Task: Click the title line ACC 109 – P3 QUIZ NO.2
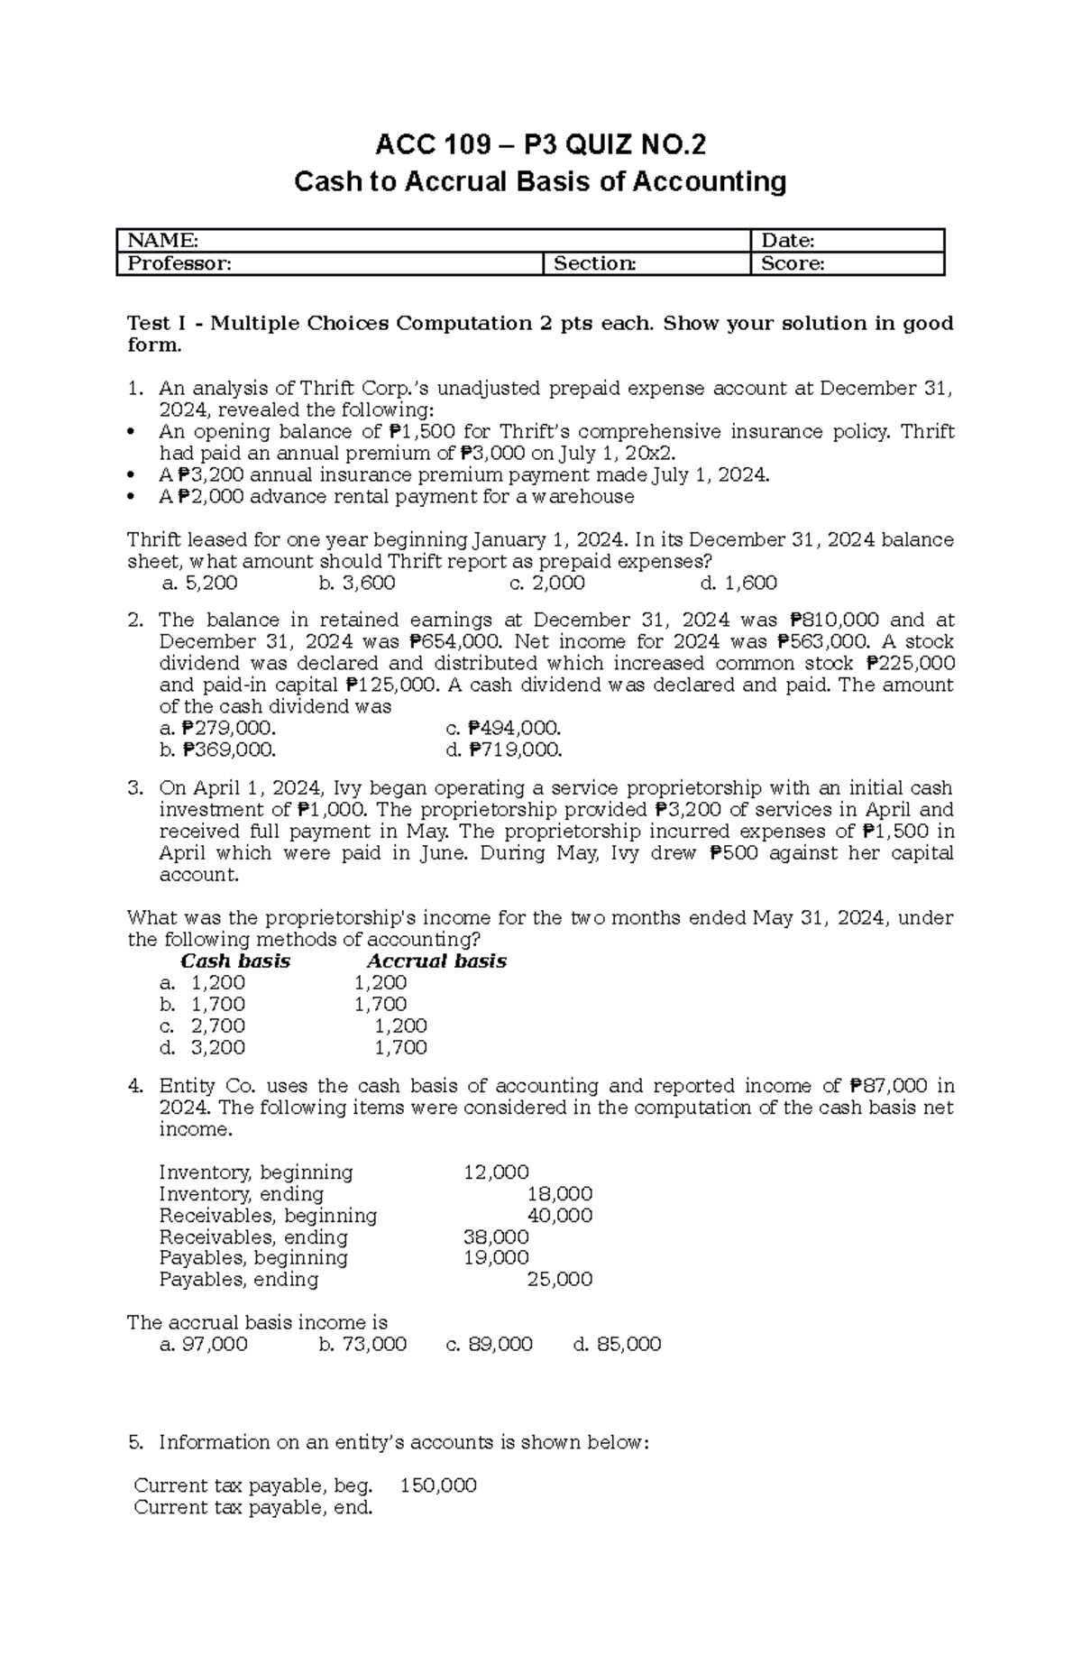540,144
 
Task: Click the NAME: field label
163,240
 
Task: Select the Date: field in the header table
788,240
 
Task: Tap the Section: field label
594,263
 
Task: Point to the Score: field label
793,263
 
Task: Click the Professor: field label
179,263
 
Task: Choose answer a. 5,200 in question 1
199,584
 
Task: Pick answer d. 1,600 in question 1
738,584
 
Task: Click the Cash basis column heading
235,961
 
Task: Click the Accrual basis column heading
436,961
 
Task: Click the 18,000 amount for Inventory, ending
559,1194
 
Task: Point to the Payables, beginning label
253,1258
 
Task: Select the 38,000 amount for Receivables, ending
496,1237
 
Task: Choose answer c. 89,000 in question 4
490,1345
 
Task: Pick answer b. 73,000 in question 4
362,1345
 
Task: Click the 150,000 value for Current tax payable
438,1485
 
